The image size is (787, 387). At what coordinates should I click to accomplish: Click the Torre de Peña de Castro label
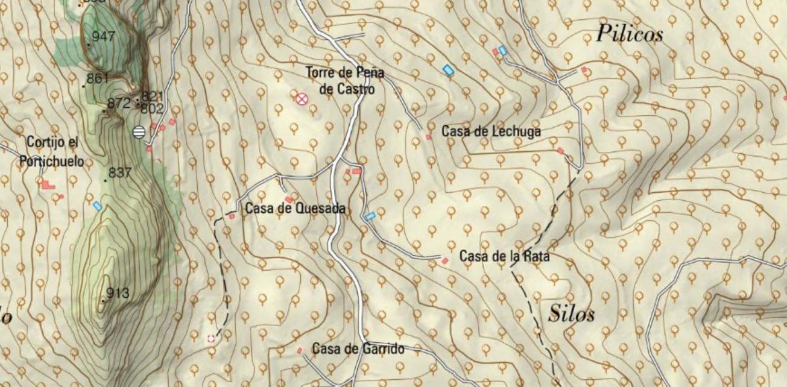tap(344, 81)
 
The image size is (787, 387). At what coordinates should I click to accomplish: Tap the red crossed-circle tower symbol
tap(302, 98)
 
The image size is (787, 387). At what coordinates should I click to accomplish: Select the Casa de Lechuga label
tap(491, 131)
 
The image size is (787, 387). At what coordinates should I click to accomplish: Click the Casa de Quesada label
tap(296, 209)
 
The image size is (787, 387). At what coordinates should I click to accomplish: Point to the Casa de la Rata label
tap(504, 256)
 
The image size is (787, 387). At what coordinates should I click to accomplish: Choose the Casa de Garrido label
tap(358, 349)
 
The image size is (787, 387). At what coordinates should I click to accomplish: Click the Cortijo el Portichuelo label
tap(52, 152)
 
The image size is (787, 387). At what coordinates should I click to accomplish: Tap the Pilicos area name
tap(629, 34)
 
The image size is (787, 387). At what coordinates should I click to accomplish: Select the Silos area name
tap(572, 314)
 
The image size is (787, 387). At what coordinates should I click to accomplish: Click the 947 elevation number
tap(103, 37)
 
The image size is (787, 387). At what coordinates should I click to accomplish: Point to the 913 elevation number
tap(118, 294)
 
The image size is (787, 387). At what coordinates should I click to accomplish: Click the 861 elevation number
tap(98, 78)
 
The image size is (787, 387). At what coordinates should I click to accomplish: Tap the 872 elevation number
tap(118, 103)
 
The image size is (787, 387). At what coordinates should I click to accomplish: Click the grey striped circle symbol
tap(139, 131)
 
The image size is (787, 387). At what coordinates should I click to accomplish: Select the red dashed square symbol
tap(210, 339)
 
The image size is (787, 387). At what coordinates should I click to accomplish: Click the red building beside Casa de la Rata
tap(445, 261)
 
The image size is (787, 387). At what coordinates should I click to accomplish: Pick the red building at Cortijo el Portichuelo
tap(48, 184)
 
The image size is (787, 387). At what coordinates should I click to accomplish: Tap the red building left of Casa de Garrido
tap(299, 350)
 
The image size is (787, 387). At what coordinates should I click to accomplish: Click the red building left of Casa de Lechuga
tap(429, 137)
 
